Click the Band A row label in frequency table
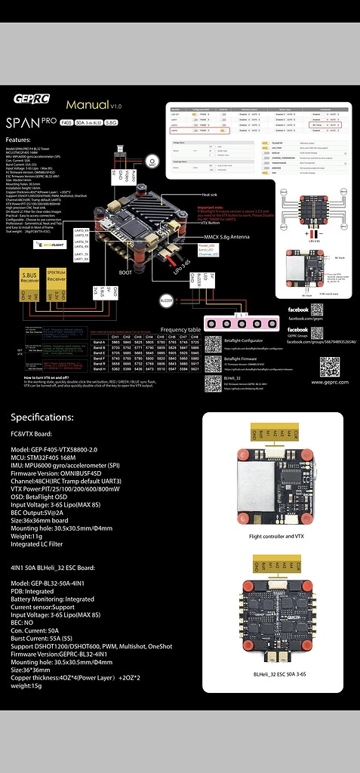pos(98,343)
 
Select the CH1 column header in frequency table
pos(115,337)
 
